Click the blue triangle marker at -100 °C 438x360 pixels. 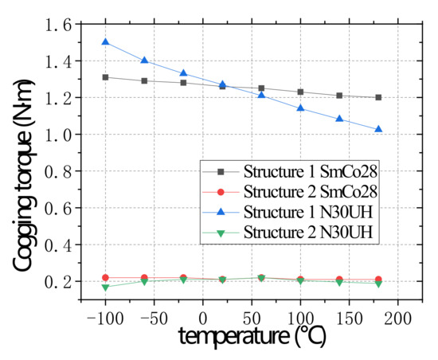tap(105, 42)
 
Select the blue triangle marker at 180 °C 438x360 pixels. tap(378, 129)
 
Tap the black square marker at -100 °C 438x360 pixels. tap(105, 77)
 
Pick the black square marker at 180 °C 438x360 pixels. tap(378, 97)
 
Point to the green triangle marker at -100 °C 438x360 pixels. tap(105, 288)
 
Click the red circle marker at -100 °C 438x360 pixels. tap(105, 277)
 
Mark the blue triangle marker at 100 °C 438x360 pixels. tap(300, 108)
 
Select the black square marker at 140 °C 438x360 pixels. tap(339, 96)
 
